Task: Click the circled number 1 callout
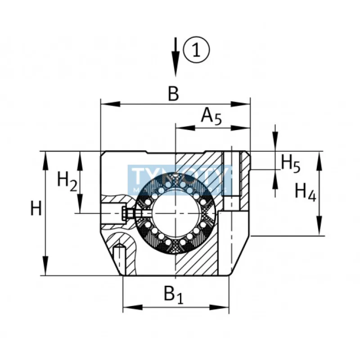[x=197, y=50]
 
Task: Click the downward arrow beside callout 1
[x=176, y=58]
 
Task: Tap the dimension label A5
[x=211, y=116]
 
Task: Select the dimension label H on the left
[x=36, y=209]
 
